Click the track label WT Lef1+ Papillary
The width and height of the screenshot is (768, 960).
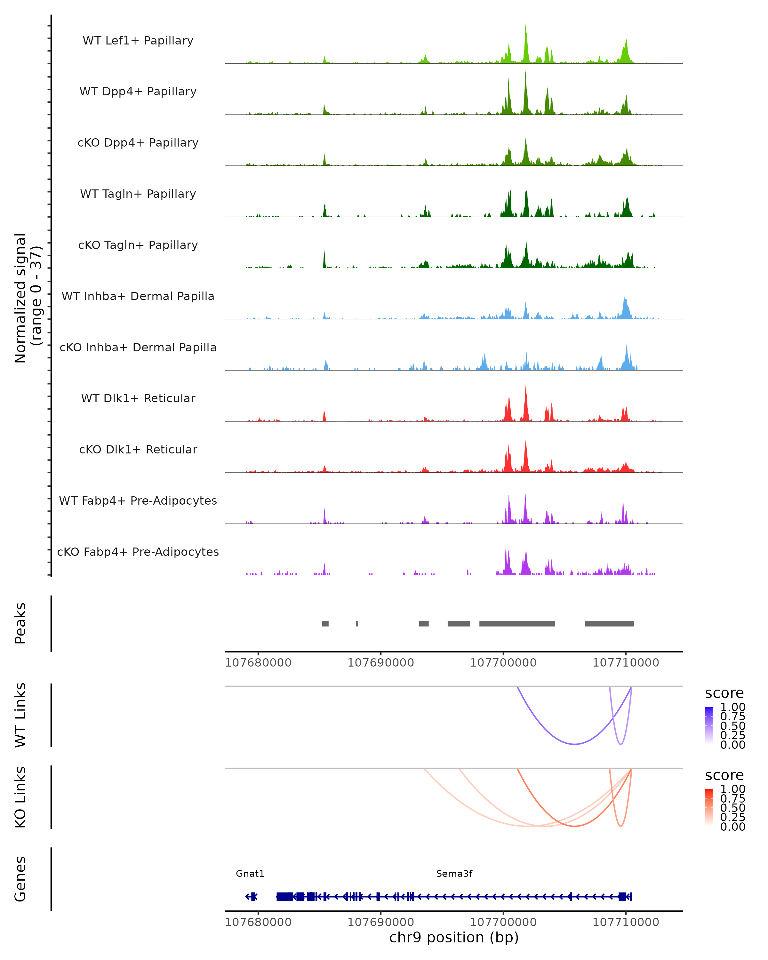pos(138,41)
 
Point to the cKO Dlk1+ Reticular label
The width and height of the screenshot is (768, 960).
pos(138,449)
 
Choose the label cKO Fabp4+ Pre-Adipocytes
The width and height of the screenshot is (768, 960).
pos(138,552)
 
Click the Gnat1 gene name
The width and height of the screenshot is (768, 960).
pos(250,874)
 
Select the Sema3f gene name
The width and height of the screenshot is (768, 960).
pos(454,874)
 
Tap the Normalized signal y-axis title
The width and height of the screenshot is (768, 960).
pos(28,298)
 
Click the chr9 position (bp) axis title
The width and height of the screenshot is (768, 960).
pos(454,938)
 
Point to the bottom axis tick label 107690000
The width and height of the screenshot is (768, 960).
pos(381,922)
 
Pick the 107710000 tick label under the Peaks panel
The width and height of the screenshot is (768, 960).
pos(626,663)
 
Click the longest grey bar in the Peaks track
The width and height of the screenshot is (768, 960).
pos(517,623)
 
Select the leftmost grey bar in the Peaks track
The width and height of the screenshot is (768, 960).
pos(325,623)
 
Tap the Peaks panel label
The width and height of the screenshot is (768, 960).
pos(20,623)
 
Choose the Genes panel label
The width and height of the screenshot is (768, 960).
pos(20,879)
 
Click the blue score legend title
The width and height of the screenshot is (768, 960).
pos(724,693)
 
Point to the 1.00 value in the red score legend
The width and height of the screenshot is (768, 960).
pos(733,789)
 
